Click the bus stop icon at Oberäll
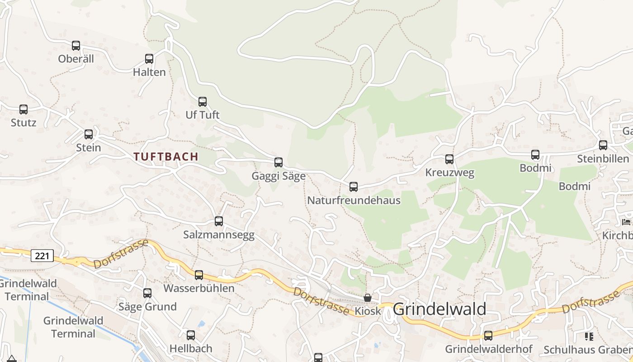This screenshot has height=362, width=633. click(x=76, y=46)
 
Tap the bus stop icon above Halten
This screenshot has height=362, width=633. click(x=149, y=59)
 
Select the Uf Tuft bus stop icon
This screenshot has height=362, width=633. click(x=203, y=102)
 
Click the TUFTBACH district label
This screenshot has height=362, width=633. click(x=166, y=157)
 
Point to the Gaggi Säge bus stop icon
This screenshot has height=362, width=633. click(x=279, y=162)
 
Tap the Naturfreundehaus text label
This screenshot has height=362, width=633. click(x=354, y=200)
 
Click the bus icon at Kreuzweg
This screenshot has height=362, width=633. click(x=449, y=159)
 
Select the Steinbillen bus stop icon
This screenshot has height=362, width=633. click(x=603, y=145)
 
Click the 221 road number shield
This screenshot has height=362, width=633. click(x=42, y=256)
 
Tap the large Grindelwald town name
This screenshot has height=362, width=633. click(x=439, y=309)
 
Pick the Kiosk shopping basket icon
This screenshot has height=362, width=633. click(x=368, y=298)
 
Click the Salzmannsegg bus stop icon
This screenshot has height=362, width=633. click(x=219, y=221)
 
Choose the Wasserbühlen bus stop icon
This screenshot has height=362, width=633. click(x=199, y=275)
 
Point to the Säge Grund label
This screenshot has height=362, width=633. click(x=147, y=307)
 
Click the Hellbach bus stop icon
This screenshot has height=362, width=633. click(x=191, y=335)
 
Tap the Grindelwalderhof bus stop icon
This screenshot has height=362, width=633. click(x=488, y=336)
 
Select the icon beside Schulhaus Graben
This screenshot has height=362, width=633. click(x=589, y=336)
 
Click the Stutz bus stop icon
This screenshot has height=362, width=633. click(x=24, y=110)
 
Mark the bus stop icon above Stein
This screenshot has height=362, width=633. click(x=89, y=134)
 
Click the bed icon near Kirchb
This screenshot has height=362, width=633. click(x=626, y=222)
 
